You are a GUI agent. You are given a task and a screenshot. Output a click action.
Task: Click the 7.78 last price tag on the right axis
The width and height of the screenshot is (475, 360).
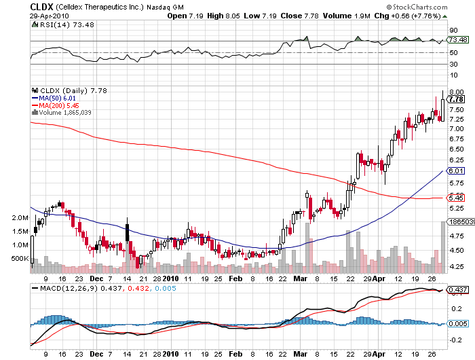456,99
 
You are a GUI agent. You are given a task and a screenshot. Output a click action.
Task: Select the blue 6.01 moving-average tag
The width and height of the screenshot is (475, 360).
456,171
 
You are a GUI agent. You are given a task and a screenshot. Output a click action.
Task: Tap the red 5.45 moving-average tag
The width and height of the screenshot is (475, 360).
456,198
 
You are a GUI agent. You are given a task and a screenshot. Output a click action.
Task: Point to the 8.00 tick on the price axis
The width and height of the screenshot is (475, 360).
456,92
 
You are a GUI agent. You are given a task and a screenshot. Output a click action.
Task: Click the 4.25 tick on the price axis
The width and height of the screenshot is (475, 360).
456,267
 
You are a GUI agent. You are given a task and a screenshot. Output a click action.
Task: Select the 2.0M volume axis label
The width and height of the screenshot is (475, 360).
20,219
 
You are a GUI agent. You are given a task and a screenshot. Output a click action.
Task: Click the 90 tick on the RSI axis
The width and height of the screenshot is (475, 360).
453,31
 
